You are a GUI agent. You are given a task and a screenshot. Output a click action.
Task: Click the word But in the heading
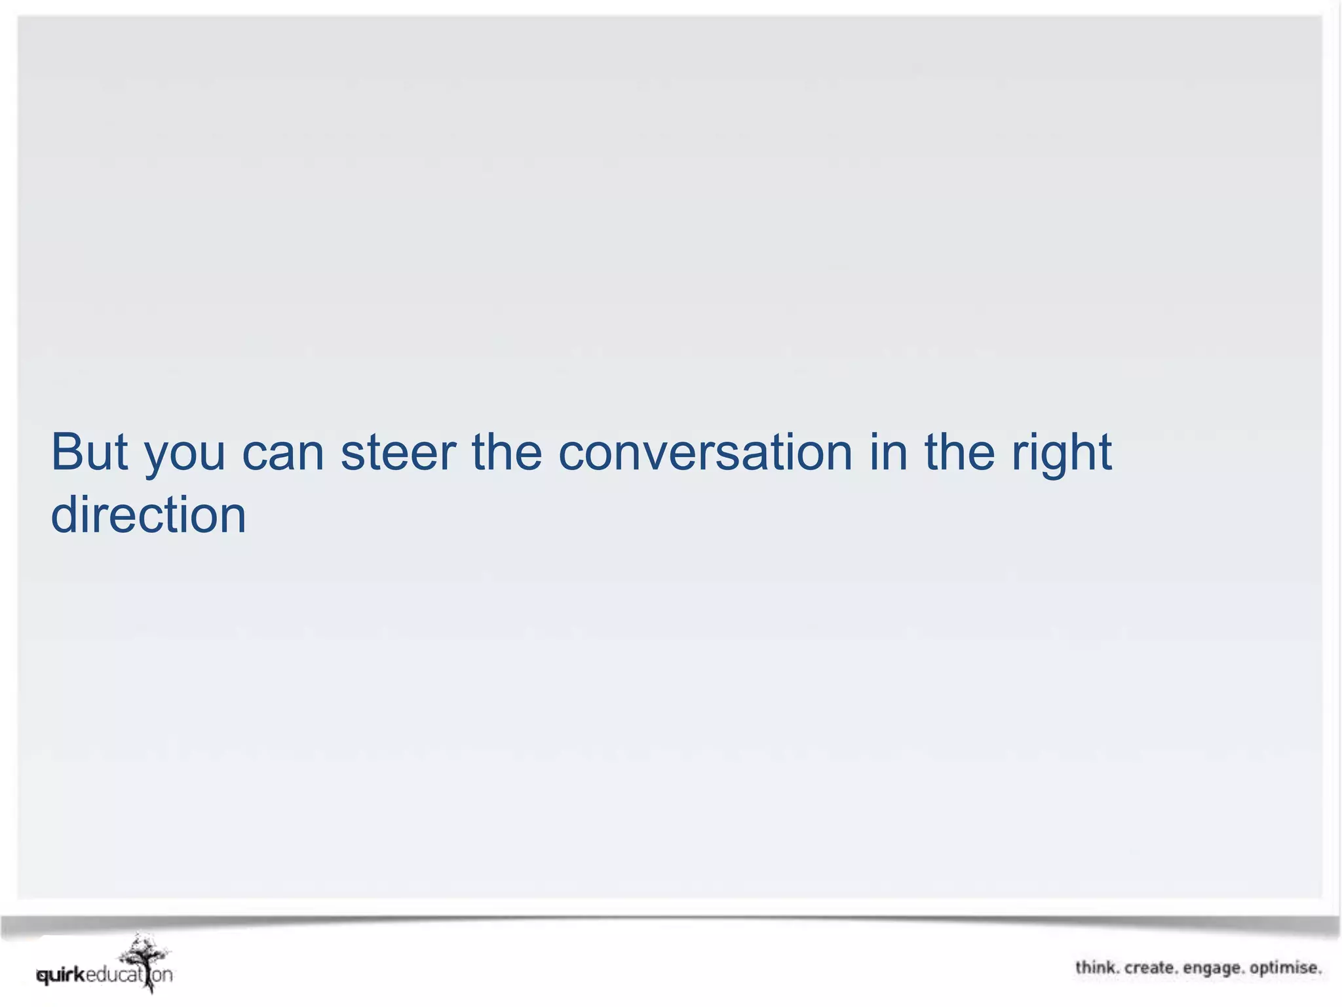(89, 452)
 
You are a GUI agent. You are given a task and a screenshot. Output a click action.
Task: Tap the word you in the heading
(185, 456)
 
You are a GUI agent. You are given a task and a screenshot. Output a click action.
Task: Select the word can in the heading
(283, 454)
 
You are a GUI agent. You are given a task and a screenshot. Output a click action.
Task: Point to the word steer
(398, 452)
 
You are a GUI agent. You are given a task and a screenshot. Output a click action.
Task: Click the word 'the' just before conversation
(507, 452)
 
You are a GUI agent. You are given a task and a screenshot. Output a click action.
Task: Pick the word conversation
(705, 452)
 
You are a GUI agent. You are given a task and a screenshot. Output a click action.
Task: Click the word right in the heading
(1062, 456)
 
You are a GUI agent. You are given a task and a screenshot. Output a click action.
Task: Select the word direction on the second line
(149, 515)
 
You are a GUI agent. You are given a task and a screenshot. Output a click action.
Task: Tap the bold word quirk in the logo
(61, 976)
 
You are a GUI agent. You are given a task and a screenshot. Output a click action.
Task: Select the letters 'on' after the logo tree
(163, 975)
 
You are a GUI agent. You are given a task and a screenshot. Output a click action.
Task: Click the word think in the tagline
(1096, 968)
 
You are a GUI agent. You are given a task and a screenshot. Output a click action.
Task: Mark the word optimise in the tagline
(1285, 968)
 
